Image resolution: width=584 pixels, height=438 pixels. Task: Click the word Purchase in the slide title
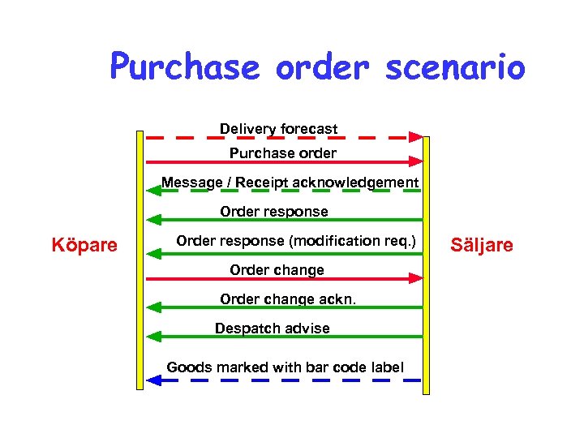(185, 68)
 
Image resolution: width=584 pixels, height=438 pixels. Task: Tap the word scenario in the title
(455, 68)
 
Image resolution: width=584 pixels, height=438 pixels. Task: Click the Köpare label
(84, 245)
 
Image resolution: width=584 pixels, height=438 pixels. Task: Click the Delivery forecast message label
(278, 129)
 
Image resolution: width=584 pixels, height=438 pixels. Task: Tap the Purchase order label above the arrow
(282, 152)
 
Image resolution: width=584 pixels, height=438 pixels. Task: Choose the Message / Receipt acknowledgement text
(290, 182)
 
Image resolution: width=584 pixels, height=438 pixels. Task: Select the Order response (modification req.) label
(295, 241)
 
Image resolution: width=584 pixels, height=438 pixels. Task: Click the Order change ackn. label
(287, 299)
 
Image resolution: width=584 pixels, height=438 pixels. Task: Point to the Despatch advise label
(272, 328)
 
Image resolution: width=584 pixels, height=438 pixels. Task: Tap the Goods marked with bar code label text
(285, 367)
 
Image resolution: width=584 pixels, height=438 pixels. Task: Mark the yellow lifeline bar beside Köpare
(140, 260)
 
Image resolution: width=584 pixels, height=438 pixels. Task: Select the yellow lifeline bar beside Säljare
(427, 268)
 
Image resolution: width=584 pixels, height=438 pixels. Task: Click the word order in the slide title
(322, 68)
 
